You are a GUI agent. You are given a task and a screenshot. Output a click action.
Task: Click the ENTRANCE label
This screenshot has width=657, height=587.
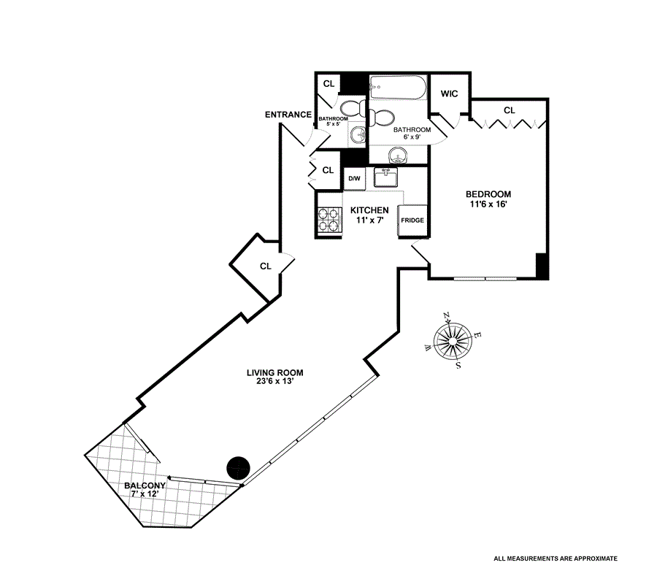[288, 115]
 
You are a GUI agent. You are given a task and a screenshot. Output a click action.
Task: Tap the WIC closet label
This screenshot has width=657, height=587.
[448, 93]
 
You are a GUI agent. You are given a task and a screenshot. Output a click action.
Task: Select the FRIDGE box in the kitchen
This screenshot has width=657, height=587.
[412, 220]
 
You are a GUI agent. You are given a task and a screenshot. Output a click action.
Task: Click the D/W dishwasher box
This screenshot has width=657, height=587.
[354, 179]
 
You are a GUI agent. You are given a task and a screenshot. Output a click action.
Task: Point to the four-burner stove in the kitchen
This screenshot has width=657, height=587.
[330, 220]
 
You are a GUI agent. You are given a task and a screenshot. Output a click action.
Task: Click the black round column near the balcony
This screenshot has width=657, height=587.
[239, 466]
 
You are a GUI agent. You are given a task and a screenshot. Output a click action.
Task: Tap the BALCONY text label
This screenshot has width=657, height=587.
[145, 485]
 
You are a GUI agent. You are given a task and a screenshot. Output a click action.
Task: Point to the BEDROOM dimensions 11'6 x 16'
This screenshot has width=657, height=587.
[488, 204]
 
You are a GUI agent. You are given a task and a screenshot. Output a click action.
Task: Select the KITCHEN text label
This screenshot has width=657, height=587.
[369, 210]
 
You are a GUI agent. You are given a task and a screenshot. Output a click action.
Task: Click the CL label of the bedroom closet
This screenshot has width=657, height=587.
[509, 110]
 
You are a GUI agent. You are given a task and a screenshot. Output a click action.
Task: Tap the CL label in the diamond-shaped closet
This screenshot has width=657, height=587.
[266, 266]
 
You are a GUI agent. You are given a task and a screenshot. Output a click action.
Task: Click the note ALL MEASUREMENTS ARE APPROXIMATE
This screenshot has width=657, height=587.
[556, 559]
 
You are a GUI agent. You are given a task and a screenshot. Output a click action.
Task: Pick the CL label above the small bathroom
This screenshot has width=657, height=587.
[329, 84]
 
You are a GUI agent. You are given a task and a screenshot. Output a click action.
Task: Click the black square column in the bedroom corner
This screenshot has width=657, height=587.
[542, 265]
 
